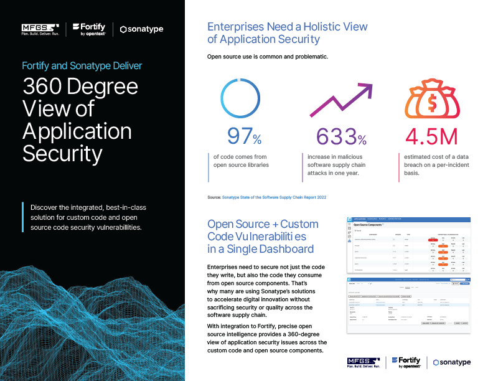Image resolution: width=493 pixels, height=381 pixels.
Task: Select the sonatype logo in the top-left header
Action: click(x=143, y=29)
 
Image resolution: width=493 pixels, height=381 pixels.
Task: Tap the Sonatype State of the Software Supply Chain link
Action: click(x=274, y=197)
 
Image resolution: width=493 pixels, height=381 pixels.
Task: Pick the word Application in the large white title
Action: click(x=77, y=131)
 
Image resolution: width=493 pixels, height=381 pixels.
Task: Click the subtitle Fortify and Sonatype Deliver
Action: click(x=82, y=65)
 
